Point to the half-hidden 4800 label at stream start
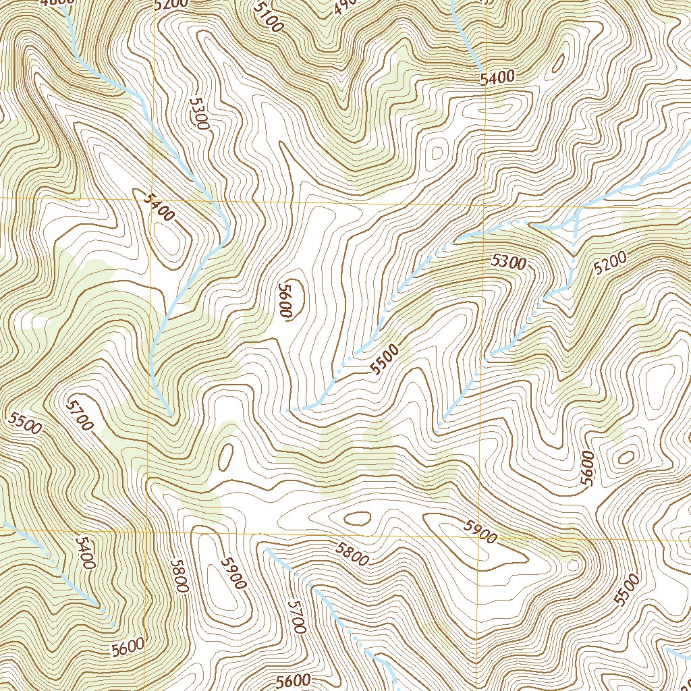pyautogui.click(x=57, y=3)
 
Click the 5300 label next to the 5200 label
pyautogui.click(x=508, y=262)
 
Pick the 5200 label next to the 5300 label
pyautogui.click(x=611, y=261)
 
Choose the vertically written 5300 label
pyautogui.click(x=198, y=113)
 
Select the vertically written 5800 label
pyautogui.click(x=178, y=576)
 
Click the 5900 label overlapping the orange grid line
pyautogui.click(x=480, y=532)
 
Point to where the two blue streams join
pyautogui.click(x=575, y=227)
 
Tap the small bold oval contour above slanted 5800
pyautogui.click(x=357, y=518)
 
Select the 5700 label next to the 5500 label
pyautogui.click(x=80, y=415)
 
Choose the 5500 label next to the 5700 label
pyautogui.click(x=25, y=423)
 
